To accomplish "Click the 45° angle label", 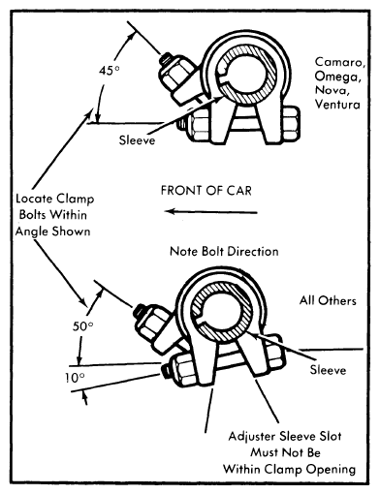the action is pyautogui.click(x=110, y=70).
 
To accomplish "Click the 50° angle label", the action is pyautogui.click(x=83, y=326).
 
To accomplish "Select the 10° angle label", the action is pyautogui.click(x=75, y=378).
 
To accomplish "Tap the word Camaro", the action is pyautogui.click(x=340, y=62).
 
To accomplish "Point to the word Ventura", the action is pyautogui.click(x=337, y=104).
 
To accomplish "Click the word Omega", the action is pyautogui.click(x=337, y=77).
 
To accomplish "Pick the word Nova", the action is pyautogui.click(x=332, y=90).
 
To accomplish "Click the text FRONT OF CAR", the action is pyautogui.click(x=206, y=190).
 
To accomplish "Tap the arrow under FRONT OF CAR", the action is pyautogui.click(x=211, y=212).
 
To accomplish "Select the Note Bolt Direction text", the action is pyautogui.click(x=224, y=251).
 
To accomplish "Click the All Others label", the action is pyautogui.click(x=328, y=300).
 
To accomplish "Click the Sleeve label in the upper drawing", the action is pyautogui.click(x=137, y=140).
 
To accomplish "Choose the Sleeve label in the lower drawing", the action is pyautogui.click(x=328, y=370).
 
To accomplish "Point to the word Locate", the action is pyautogui.click(x=34, y=199).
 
